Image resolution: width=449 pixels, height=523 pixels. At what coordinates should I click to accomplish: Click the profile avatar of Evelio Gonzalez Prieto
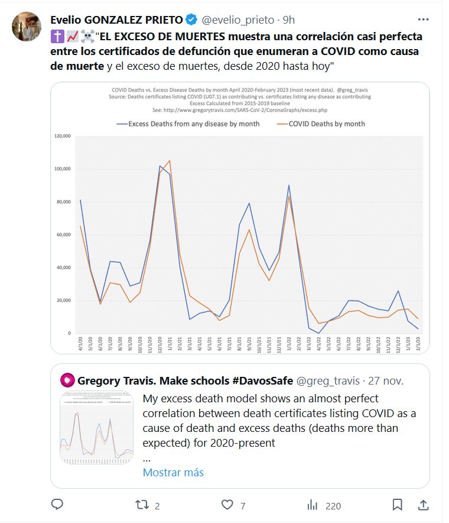click(x=27, y=27)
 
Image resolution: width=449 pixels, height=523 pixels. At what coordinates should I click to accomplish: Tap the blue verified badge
click(x=192, y=20)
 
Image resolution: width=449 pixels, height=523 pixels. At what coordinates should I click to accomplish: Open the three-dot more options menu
click(x=424, y=19)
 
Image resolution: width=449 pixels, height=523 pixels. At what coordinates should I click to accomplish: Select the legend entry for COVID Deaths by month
click(x=321, y=124)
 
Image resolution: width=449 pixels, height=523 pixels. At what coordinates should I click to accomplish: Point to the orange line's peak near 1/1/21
click(x=170, y=160)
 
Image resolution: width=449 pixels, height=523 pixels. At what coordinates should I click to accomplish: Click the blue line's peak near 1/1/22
click(x=289, y=185)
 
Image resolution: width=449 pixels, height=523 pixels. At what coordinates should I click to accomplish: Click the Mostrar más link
click(x=173, y=472)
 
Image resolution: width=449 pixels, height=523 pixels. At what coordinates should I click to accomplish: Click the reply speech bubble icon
click(x=57, y=505)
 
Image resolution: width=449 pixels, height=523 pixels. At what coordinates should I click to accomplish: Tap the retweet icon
click(x=142, y=505)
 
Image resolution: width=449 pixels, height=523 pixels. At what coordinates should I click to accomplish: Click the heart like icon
click(x=227, y=505)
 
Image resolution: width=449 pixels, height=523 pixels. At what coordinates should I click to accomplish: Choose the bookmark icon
click(x=398, y=505)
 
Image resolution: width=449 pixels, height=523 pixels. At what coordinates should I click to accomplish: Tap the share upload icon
click(x=423, y=505)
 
